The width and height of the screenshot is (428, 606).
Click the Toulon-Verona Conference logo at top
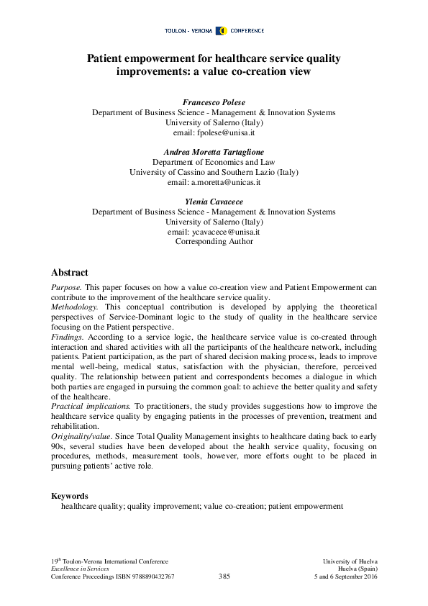(x=214, y=31)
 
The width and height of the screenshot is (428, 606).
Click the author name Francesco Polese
(x=214, y=103)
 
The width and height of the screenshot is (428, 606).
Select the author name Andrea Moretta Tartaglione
(x=214, y=153)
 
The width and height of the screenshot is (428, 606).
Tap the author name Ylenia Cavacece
(x=214, y=202)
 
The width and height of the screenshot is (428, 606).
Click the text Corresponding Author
(x=214, y=243)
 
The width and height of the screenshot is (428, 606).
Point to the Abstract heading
(x=70, y=273)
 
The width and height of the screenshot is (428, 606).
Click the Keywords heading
(x=70, y=496)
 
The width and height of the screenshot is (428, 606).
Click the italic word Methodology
(x=75, y=307)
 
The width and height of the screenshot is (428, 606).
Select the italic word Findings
(x=67, y=336)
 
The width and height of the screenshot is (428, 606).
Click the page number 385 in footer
(x=224, y=577)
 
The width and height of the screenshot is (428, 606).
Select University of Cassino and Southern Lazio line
(x=214, y=173)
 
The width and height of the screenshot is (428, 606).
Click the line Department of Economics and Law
(x=214, y=163)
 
